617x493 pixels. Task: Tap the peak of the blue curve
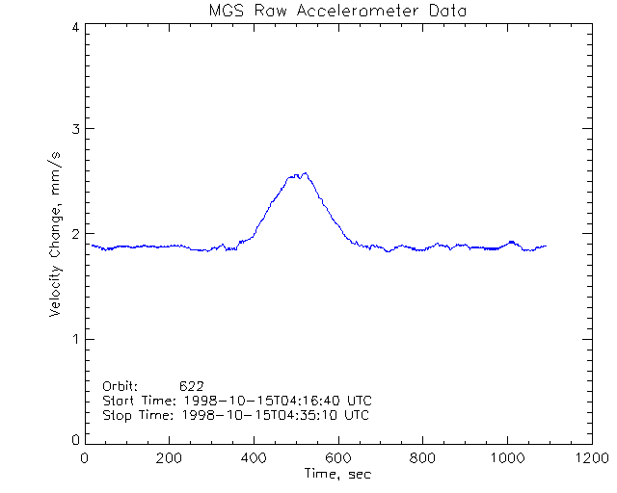tap(306, 173)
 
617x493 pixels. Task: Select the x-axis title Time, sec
tap(336, 474)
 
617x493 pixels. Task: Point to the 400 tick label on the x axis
tap(254, 459)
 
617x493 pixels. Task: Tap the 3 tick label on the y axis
tap(74, 129)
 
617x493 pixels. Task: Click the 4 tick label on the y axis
tap(74, 27)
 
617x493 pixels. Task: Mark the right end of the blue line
tap(546, 246)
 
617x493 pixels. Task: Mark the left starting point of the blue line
tap(92, 245)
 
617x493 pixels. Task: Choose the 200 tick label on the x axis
tap(170, 459)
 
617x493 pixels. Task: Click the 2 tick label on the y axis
tap(74, 234)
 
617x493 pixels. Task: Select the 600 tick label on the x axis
tap(337, 459)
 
